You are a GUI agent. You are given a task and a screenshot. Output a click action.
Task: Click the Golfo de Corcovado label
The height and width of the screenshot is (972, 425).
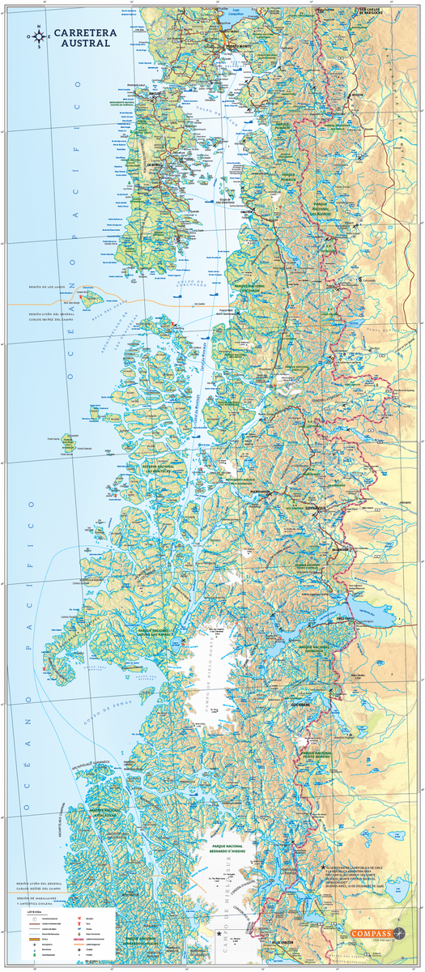click(194, 279)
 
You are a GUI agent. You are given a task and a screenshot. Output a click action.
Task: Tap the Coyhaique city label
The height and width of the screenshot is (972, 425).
click(314, 508)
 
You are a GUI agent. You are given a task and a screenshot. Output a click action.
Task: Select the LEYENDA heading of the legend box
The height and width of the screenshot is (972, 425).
click(34, 911)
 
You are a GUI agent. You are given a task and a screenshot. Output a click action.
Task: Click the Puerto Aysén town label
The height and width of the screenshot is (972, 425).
click(261, 492)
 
